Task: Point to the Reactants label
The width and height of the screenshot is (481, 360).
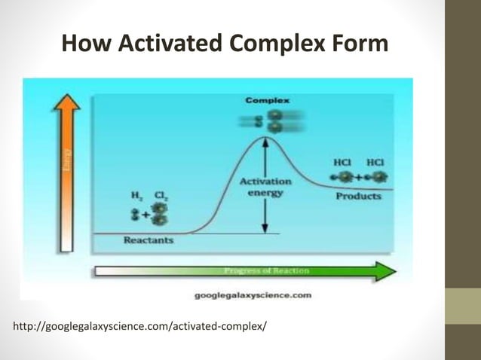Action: click(148, 240)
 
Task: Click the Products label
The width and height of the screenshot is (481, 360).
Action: click(358, 196)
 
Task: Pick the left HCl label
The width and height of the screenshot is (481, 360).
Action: click(343, 162)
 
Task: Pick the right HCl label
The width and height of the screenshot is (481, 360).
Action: click(375, 162)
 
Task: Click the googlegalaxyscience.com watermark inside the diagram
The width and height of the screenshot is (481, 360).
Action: click(253, 296)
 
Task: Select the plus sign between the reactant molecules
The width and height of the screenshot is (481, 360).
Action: click(146, 213)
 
